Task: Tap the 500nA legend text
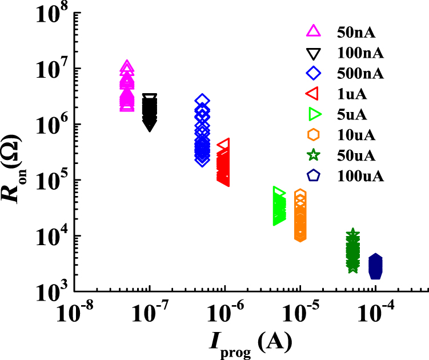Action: click(x=357, y=73)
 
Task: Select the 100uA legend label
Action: click(x=357, y=176)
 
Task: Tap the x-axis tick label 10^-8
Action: click(x=74, y=311)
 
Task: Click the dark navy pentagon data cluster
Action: click(x=375, y=266)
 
